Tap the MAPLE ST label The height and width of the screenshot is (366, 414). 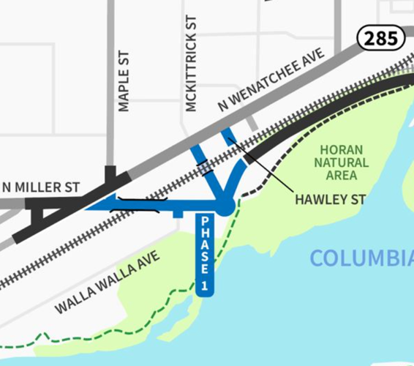[x=124, y=81]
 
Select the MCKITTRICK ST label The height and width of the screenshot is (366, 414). [x=192, y=64]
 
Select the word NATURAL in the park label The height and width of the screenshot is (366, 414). [x=341, y=162]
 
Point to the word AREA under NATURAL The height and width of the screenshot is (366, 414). [x=341, y=176]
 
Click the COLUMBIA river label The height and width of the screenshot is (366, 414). [x=362, y=258]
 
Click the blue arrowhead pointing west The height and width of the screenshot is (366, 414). [x=99, y=203]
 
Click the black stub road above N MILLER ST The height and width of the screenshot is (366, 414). [x=110, y=174]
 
